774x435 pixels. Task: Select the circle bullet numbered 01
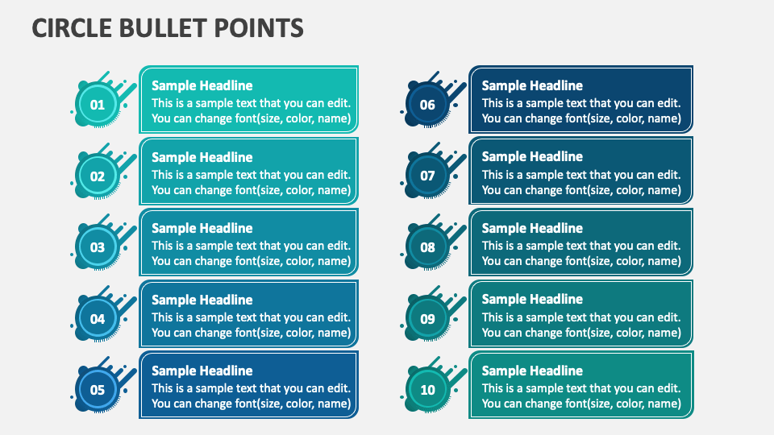coord(97,105)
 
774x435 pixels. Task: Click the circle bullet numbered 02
coord(97,176)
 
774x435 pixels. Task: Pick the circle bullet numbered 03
coord(97,247)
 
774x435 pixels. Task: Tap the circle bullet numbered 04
coord(97,319)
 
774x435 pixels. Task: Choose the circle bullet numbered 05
coord(97,390)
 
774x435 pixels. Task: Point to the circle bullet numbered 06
coord(427,105)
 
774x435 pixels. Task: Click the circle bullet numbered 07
coord(427,176)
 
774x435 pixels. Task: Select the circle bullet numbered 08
coord(427,247)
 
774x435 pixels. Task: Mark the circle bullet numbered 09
coord(427,319)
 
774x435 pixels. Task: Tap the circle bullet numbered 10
coord(427,390)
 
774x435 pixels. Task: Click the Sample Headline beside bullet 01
coord(202,85)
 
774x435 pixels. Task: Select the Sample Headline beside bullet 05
coord(202,371)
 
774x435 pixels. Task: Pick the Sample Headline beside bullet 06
coord(532,85)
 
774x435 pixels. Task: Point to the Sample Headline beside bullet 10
coord(532,371)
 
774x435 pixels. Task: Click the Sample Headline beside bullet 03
coord(202,228)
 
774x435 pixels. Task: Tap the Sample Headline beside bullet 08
coord(532,228)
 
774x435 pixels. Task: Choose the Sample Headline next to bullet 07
coord(532,156)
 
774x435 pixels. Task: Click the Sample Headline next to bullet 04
coord(202,300)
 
